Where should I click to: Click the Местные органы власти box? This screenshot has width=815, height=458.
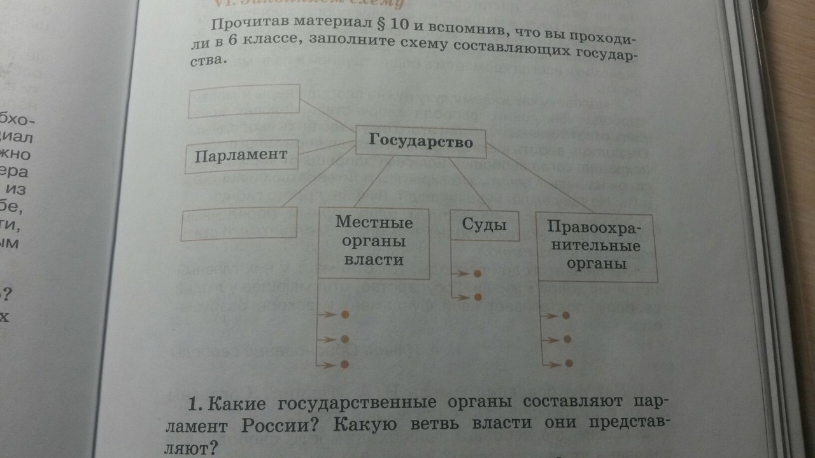(374, 242)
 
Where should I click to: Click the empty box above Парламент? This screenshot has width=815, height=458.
(244, 101)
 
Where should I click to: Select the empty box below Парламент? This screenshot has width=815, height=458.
(240, 225)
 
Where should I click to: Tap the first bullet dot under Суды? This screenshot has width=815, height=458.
(478, 274)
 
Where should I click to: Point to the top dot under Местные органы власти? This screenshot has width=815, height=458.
(345, 315)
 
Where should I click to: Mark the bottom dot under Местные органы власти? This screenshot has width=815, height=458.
(345, 364)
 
